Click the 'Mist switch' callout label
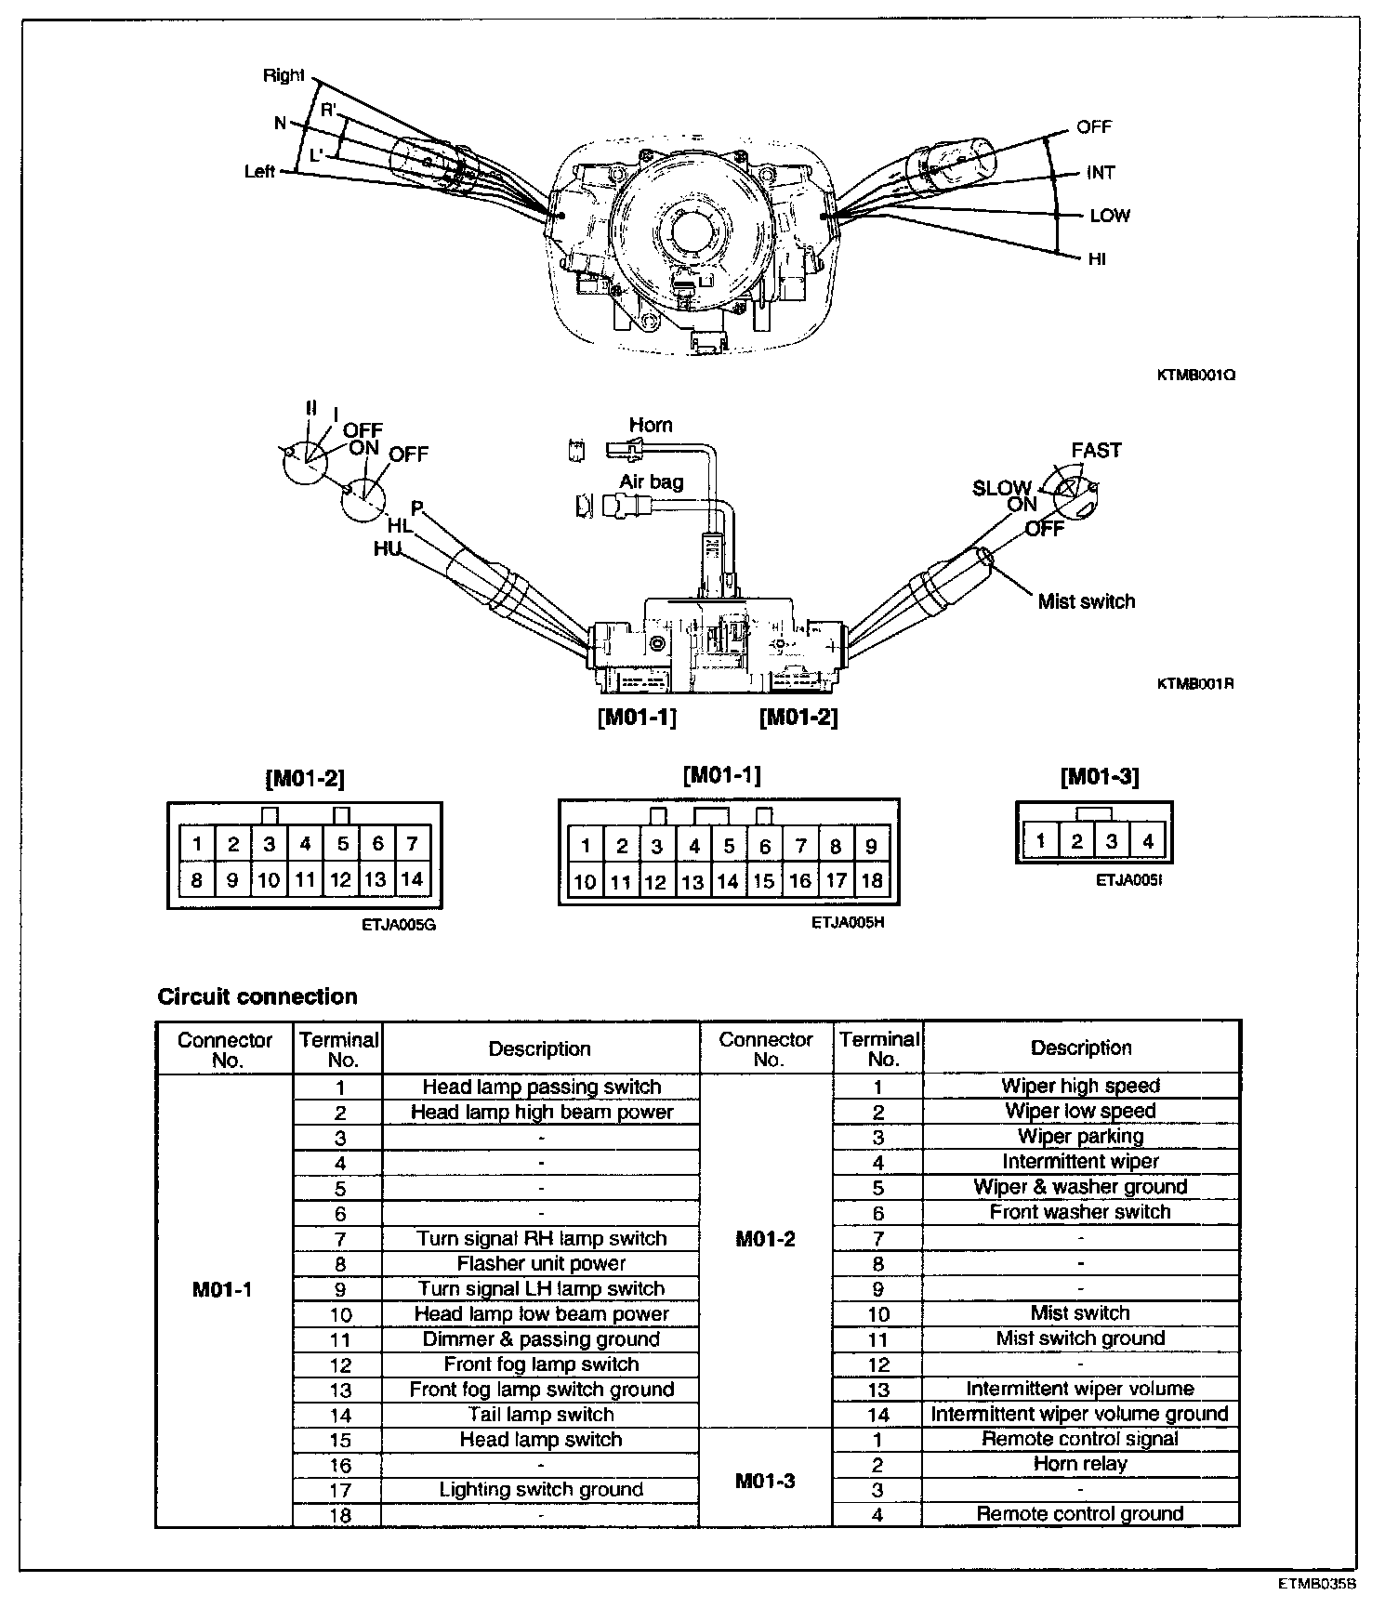[x=1086, y=601]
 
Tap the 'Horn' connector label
[x=650, y=425]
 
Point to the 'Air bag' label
[x=652, y=481]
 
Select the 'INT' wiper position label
[x=1101, y=172]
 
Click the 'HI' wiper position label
[x=1097, y=258]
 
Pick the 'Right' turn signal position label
[x=284, y=75]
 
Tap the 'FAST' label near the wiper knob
[x=1096, y=450]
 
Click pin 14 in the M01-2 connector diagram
[x=412, y=878]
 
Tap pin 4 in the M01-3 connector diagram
[x=1148, y=841]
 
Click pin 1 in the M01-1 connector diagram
[x=586, y=845]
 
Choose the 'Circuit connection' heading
[x=257, y=996]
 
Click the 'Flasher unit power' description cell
[x=541, y=1263]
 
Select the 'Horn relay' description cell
[x=1080, y=1464]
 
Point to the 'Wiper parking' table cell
[x=1080, y=1136]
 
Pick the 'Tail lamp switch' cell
[x=541, y=1414]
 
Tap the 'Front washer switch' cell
[x=1080, y=1211]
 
